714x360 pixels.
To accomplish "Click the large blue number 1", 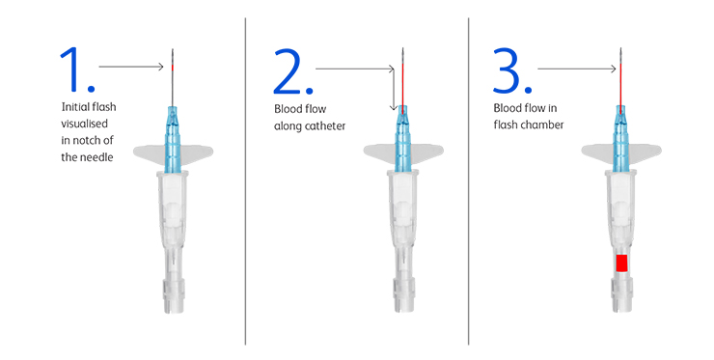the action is click(72, 69).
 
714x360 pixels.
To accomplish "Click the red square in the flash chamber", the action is click(621, 263).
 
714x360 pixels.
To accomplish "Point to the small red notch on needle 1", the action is click(173, 68).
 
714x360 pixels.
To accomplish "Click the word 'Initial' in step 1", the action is click(74, 106).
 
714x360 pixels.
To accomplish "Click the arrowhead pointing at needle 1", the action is click(161, 67).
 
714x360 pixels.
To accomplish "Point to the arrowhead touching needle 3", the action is click(613, 69).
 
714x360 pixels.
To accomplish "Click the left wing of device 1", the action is click(149, 154).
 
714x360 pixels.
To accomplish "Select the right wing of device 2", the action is click(427, 152).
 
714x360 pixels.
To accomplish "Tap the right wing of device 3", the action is click(645, 152).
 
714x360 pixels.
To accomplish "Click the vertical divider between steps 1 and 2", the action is click(245, 181).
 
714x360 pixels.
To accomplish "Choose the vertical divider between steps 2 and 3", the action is click(469, 181).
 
